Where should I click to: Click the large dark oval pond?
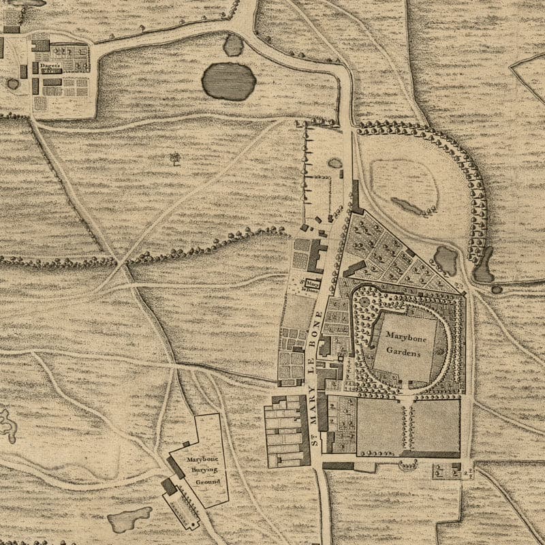228,81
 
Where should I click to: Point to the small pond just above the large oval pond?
233,45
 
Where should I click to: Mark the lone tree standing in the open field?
175,159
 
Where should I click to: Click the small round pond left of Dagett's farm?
13,84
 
